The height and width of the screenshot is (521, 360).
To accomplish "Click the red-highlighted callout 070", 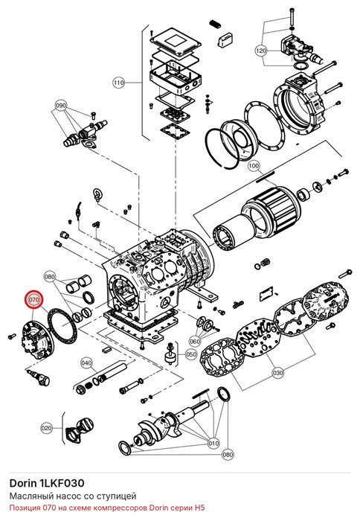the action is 34,300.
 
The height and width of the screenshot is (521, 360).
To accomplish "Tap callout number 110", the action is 118,82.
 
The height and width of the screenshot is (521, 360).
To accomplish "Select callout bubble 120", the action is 261,51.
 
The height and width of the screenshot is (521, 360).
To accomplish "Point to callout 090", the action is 61,106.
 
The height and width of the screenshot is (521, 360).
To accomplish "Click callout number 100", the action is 254,165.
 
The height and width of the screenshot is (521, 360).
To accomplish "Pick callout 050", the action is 191,354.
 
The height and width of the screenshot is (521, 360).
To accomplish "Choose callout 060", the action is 195,341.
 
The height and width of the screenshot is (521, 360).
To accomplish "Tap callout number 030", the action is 278,372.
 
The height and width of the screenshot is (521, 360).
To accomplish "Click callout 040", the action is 86,363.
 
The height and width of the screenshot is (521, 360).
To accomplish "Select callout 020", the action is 47,428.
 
